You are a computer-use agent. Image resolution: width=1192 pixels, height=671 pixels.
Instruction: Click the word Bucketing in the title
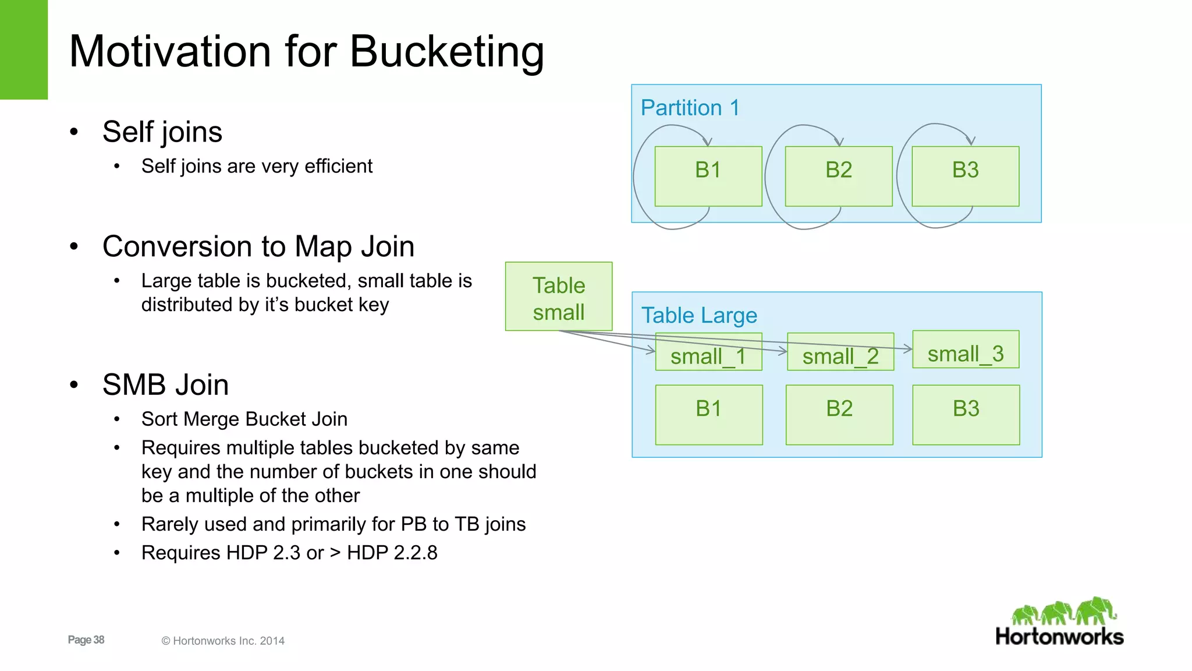pos(446,52)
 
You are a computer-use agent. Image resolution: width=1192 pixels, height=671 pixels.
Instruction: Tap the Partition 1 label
pos(690,108)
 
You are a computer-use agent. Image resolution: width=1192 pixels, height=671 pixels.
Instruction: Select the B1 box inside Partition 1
pos(708,176)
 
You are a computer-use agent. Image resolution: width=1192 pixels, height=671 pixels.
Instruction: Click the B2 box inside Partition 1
pos(838,176)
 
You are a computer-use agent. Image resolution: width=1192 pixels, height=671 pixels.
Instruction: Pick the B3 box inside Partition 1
pos(965,176)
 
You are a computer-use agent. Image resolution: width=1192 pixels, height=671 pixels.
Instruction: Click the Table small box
pos(558,296)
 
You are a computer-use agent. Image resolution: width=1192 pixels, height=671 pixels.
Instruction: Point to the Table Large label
pos(698,315)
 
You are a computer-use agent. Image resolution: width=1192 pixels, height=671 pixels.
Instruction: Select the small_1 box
pos(708,352)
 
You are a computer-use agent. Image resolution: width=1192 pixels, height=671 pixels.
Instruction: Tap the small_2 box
pos(840,352)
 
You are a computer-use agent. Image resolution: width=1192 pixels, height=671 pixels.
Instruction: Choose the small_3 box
pos(965,349)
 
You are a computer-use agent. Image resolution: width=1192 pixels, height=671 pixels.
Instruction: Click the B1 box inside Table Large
pos(708,415)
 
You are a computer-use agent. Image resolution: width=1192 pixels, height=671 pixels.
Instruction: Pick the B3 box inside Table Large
pos(966,415)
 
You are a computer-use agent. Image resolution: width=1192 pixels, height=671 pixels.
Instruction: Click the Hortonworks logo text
pos(1059,637)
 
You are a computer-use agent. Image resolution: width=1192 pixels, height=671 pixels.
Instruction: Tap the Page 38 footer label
pos(86,640)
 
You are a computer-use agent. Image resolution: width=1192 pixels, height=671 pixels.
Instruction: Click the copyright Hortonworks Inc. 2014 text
pos(223,641)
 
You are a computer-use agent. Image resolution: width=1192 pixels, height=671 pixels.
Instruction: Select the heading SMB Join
pos(165,385)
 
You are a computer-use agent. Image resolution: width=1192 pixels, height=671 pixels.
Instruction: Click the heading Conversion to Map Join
pos(258,246)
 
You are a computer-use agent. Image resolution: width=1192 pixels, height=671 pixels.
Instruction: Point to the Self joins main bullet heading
pos(162,132)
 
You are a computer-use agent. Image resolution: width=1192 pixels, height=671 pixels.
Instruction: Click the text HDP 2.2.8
pos(392,553)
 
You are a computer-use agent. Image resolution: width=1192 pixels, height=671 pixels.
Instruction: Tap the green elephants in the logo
pos(1064,612)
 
